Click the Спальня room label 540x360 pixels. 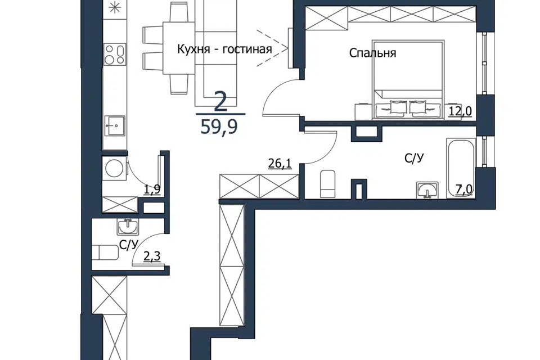pyautogui.click(x=372, y=53)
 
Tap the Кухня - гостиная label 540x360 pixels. pyautogui.click(x=224, y=49)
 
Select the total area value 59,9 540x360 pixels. pyautogui.click(x=219, y=127)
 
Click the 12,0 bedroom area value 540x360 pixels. pyautogui.click(x=460, y=111)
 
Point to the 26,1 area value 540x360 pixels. pyautogui.click(x=280, y=163)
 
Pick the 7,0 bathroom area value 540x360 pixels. pyautogui.click(x=464, y=190)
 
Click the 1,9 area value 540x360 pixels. pyautogui.click(x=152, y=190)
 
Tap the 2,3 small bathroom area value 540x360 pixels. pyautogui.click(x=152, y=256)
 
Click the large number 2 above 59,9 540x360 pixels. pyautogui.click(x=220, y=101)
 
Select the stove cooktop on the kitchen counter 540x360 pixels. pyautogui.click(x=115, y=55)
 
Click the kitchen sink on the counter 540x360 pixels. pyautogui.click(x=115, y=126)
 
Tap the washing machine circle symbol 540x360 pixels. pyautogui.click(x=115, y=169)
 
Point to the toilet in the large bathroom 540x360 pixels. pyautogui.click(x=327, y=184)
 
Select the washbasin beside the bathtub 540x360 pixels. pyautogui.click(x=427, y=190)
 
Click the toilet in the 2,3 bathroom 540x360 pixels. pyautogui.click(x=105, y=253)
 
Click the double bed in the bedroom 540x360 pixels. pyautogui.click(x=408, y=80)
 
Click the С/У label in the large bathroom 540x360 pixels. pyautogui.click(x=414, y=158)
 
